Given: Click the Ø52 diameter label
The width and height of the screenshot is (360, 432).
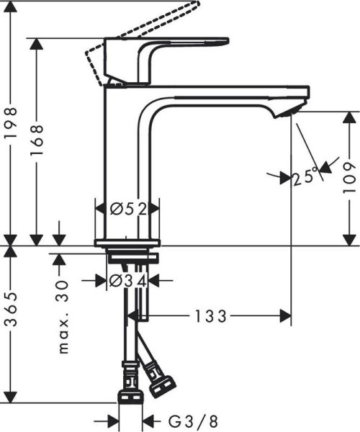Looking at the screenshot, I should coord(128,209).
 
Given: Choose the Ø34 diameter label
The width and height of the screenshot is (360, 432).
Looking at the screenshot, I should coord(128,281).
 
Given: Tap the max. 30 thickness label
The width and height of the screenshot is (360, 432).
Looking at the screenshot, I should coord(63,318).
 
